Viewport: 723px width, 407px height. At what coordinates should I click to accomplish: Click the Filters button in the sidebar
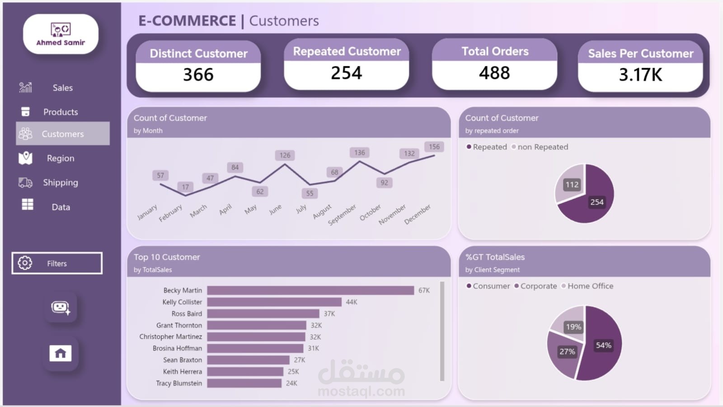point(57,263)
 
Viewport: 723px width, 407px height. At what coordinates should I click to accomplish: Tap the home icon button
point(61,353)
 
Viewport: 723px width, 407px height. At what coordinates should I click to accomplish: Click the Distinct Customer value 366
point(198,75)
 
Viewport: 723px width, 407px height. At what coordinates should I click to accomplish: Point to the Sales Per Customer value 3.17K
point(640,75)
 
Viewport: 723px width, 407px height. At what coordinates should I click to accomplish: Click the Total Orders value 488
point(494,73)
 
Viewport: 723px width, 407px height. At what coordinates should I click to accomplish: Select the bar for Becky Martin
point(310,290)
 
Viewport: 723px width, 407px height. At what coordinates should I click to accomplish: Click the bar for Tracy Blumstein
point(244,383)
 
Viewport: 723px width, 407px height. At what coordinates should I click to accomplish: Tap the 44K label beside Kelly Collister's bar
point(352,302)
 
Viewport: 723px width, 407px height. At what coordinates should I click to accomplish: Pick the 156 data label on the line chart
point(434,147)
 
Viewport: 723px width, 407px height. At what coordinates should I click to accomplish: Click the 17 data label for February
point(185,187)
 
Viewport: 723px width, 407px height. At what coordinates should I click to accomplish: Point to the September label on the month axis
point(342,215)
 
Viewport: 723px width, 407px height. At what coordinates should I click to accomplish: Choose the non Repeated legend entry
point(540,147)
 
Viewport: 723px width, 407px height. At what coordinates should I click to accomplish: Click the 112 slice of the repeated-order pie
point(571,183)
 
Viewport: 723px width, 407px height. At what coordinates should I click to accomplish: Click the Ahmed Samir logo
point(61,34)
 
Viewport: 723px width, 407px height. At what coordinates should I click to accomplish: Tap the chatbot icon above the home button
point(61,308)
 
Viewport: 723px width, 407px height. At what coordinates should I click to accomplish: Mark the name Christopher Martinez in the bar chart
point(171,337)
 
